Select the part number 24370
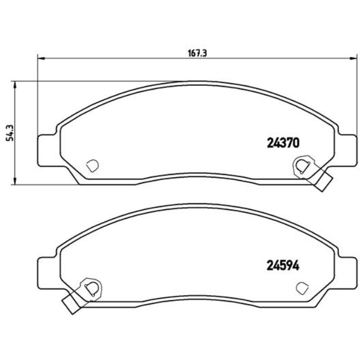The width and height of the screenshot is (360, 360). (280, 142)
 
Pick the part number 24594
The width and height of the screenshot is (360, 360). (280, 265)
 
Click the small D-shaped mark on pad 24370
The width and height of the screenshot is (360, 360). (92, 165)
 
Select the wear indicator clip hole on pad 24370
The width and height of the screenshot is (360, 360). (301, 166)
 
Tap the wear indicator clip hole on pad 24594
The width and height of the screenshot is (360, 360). (91, 287)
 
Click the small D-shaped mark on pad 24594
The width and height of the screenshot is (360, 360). (302, 287)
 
